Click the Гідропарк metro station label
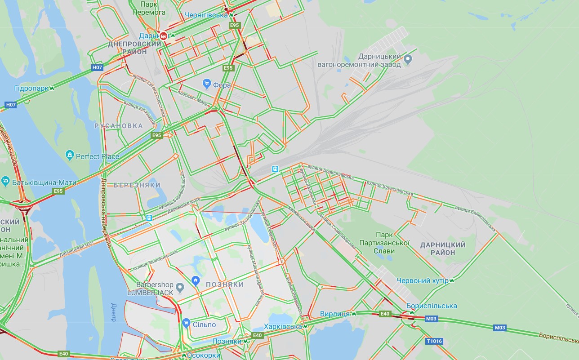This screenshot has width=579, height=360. pos(31,88)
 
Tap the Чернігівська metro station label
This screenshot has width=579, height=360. pos(206,15)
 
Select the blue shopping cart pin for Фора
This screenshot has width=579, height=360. pos(207,84)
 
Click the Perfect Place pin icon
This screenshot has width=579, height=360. pos(70,156)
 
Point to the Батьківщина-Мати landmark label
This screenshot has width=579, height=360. pos(44,182)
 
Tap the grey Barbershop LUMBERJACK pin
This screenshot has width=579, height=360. pos(180,287)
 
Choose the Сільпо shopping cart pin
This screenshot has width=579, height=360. pos(186,323)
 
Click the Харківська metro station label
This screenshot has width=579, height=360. pos(283,326)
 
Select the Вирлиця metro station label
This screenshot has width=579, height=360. pos(335,314)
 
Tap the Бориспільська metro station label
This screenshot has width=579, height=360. pos(431,306)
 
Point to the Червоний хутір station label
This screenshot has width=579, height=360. pos(423,281)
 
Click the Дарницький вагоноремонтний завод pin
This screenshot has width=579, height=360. pos(408,59)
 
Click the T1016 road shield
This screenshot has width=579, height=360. pos(434,341)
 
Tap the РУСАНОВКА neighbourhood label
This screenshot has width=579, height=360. pos(118,126)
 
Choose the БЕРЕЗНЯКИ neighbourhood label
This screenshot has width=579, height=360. pos(137,185)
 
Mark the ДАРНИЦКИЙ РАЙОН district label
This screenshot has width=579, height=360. pos(443,249)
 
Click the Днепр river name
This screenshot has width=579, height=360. pos(113,311)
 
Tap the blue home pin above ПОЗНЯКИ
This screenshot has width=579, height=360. pos(196,281)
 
